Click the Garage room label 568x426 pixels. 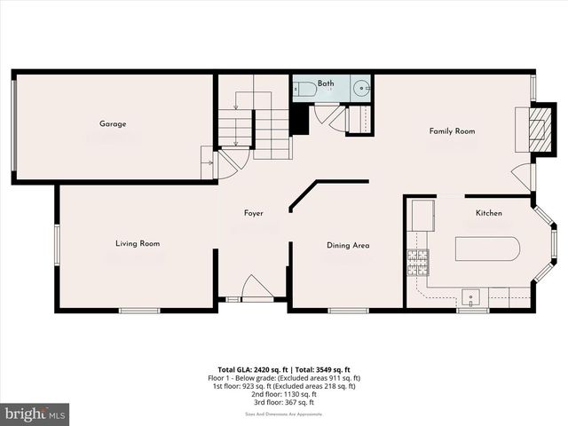113,124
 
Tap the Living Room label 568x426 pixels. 138,243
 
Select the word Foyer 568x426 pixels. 254,214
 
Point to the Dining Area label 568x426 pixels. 348,246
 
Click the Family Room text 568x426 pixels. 452,131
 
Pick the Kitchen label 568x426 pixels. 489,214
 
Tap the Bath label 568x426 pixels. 327,83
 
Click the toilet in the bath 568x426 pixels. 304,88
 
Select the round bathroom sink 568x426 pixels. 361,88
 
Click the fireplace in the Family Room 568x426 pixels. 534,131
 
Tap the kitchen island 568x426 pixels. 487,248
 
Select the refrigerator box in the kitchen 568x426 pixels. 421,214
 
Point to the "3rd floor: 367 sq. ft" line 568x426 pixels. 285,403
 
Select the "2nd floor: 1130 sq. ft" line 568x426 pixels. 285,395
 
